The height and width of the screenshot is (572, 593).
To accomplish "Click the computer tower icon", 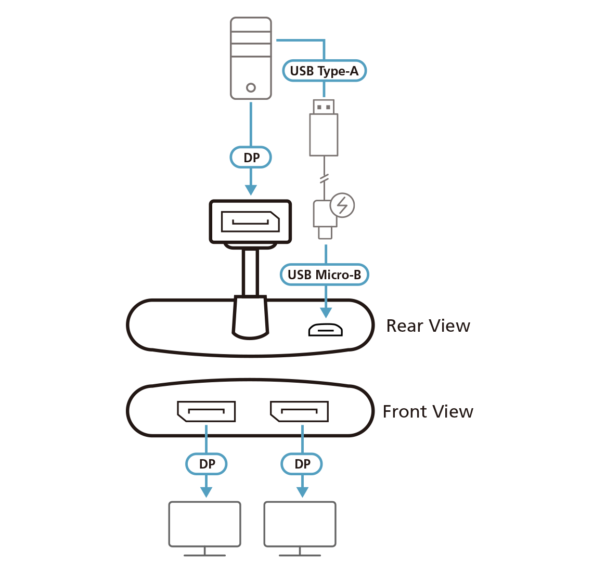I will click(x=251, y=58).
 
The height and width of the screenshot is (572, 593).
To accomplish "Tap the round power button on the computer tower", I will click(x=251, y=87).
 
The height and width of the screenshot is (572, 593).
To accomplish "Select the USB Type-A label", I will click(x=324, y=71).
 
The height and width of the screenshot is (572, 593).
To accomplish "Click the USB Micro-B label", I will click(x=324, y=274).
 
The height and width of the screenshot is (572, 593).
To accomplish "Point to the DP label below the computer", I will click(x=251, y=158).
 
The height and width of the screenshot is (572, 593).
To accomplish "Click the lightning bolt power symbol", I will click(x=342, y=206).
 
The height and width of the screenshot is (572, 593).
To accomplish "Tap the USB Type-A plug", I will click(x=324, y=127).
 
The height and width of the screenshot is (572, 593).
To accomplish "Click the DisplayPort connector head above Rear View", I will click(x=250, y=222).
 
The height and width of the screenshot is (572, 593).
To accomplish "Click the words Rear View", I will click(x=428, y=326).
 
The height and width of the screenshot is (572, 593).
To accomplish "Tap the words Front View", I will click(x=428, y=412).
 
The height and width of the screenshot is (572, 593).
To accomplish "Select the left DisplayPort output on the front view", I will click(x=206, y=411).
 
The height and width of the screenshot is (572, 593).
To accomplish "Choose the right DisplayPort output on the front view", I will click(x=299, y=411).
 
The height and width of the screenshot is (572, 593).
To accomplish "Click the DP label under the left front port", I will click(x=207, y=463).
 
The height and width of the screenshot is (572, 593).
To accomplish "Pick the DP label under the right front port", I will click(x=302, y=463).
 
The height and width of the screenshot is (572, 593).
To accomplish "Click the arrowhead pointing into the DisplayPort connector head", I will click(x=251, y=189).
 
